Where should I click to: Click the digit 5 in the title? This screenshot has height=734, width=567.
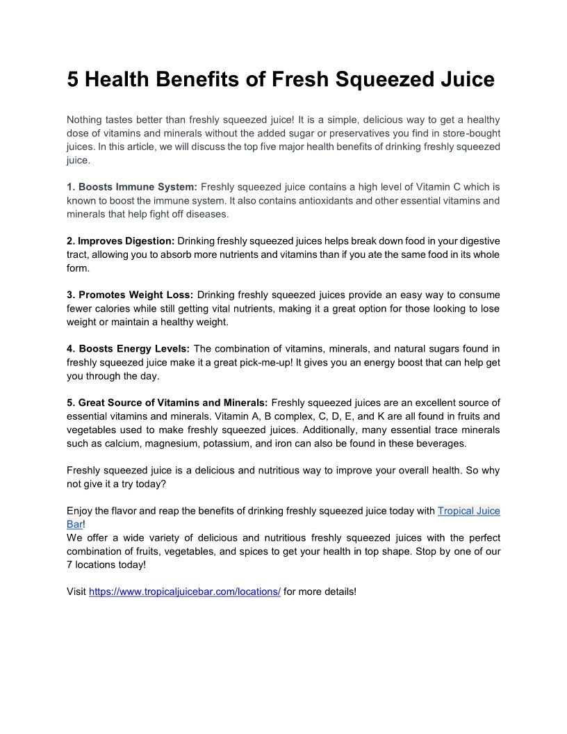[x=74, y=79]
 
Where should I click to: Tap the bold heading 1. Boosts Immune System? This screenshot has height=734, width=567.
[x=132, y=187]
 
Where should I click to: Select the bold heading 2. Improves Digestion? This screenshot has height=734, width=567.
[x=121, y=241]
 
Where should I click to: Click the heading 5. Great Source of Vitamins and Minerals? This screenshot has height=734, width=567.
[x=167, y=403]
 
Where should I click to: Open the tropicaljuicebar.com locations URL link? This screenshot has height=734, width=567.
[x=185, y=592]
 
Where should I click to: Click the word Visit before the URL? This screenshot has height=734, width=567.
[x=76, y=592]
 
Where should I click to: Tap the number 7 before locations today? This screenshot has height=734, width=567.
[x=69, y=565]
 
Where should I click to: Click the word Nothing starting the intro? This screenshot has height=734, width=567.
[x=85, y=120]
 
